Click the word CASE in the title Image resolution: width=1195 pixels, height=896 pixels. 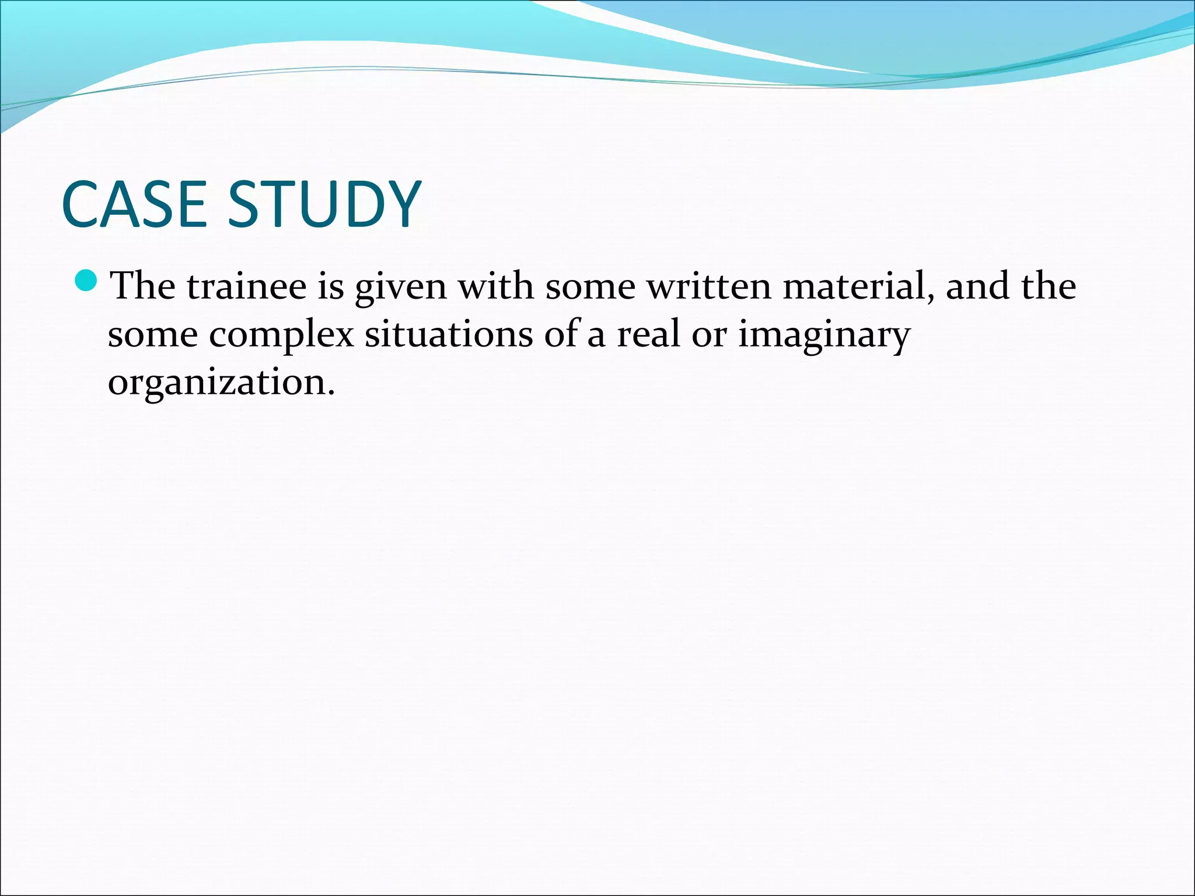134,204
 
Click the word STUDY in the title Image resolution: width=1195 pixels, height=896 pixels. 324,204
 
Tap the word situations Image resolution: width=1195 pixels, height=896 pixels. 449,335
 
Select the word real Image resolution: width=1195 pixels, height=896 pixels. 648,335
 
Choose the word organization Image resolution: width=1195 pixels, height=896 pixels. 221,384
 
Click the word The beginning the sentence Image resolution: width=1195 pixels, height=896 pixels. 143,286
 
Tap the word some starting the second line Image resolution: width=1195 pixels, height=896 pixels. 153,336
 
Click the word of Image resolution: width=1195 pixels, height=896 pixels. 561,335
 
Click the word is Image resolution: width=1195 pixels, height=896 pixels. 331,286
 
